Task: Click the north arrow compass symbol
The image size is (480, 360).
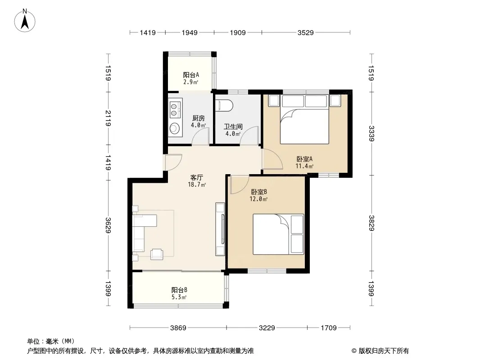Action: pyautogui.click(x=25, y=21)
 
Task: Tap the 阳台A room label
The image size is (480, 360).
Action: pyautogui.click(x=191, y=75)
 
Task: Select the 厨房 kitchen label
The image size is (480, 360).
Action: pyautogui.click(x=199, y=118)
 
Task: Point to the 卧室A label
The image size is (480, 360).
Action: pyautogui.click(x=304, y=159)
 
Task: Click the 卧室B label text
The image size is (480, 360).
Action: pyautogui.click(x=259, y=192)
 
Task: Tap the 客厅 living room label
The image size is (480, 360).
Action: pyautogui.click(x=196, y=177)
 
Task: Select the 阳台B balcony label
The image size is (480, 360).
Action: pyautogui.click(x=179, y=290)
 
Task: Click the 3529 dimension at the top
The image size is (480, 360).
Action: pyautogui.click(x=305, y=32)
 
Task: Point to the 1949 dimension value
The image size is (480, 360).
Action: pyautogui.click(x=190, y=32)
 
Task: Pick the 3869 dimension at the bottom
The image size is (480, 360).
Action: pyautogui.click(x=178, y=328)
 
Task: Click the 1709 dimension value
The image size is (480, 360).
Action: pyautogui.click(x=328, y=328)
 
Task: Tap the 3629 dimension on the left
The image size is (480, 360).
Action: pyautogui.click(x=108, y=225)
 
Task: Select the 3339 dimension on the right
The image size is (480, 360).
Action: pyautogui.click(x=371, y=133)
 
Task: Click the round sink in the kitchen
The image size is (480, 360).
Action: pyautogui.click(x=175, y=128)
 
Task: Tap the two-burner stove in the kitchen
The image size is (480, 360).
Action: pyautogui.click(x=175, y=110)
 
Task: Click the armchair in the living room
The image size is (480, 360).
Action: pyautogui.click(x=157, y=254)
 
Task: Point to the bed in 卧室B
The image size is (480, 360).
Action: pyautogui.click(x=278, y=234)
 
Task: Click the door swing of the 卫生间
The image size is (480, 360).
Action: pyautogui.click(x=249, y=135)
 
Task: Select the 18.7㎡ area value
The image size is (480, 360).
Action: pyautogui.click(x=197, y=185)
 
